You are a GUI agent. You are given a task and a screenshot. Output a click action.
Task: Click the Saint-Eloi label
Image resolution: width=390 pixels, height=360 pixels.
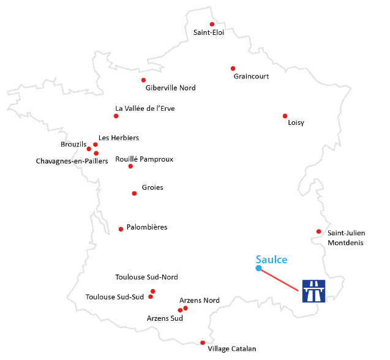(208, 33)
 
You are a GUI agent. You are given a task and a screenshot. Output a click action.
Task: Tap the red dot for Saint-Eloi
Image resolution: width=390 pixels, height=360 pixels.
(212, 24)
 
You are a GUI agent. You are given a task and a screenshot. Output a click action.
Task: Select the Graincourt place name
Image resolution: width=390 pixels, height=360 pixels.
(251, 77)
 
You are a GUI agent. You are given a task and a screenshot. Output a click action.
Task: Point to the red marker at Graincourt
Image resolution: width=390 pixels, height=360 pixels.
(233, 69)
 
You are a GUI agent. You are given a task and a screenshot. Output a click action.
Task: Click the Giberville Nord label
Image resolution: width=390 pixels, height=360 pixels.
(170, 88)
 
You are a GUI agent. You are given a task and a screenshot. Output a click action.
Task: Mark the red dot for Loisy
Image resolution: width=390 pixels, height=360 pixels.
(285, 116)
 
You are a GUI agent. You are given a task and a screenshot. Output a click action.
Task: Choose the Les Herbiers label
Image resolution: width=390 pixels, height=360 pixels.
(119, 138)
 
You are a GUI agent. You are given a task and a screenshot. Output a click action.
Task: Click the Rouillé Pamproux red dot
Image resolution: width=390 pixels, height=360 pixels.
(130, 167)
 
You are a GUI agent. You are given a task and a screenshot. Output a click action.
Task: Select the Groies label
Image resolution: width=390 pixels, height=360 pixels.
(152, 187)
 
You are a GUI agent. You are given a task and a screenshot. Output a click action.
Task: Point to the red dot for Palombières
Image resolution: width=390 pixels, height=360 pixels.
(121, 229)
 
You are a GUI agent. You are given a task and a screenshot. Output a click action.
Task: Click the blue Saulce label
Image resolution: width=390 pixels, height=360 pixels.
(271, 260)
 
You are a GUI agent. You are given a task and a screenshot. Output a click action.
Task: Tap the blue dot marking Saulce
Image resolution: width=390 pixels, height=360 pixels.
(258, 268)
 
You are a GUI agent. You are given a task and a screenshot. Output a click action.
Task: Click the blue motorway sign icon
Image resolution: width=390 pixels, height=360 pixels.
(313, 290)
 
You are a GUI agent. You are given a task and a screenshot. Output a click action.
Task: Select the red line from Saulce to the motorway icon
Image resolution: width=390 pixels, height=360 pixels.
(280, 279)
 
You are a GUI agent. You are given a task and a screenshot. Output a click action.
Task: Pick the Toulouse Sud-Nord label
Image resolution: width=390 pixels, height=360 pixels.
(146, 277)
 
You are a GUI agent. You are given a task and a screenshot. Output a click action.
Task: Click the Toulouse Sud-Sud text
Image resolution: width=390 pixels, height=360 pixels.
(114, 298)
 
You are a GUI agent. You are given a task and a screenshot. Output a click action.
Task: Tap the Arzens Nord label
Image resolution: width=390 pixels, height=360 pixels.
(199, 301)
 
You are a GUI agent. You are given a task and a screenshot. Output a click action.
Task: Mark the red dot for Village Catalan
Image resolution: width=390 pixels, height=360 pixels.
(203, 343)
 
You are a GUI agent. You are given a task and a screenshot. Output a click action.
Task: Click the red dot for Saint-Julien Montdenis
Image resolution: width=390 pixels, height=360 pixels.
(318, 231)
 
